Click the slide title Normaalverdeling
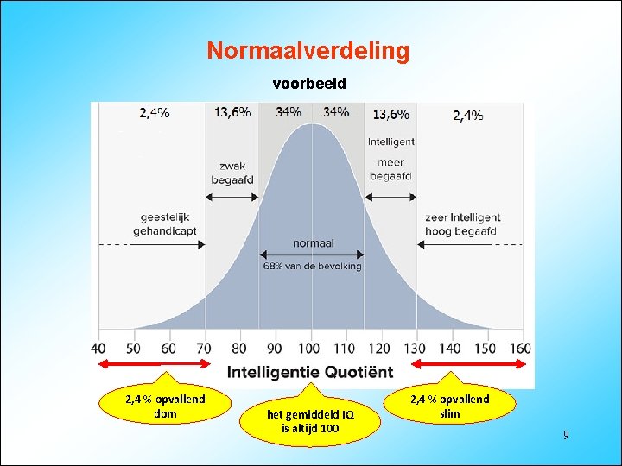(308, 51)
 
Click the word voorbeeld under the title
(309, 85)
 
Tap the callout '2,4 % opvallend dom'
(165, 406)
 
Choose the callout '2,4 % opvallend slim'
(449, 406)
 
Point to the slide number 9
(566, 435)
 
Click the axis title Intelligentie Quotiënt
(310, 373)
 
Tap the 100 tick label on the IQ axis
(308, 349)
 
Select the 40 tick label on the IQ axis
(98, 349)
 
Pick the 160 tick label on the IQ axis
(520, 349)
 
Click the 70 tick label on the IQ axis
(204, 349)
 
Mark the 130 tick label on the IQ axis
(416, 349)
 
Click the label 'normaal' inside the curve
(313, 243)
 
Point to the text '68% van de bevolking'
(313, 266)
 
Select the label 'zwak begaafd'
(232, 173)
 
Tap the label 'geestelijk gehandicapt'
(164, 224)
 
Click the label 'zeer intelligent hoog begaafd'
(461, 224)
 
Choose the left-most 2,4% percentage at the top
(154, 113)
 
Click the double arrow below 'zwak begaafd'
(232, 197)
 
